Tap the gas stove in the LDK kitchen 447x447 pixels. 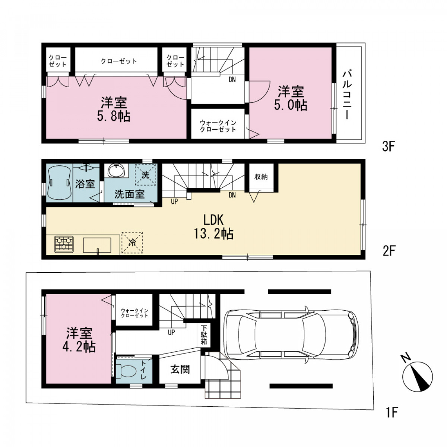tap(64, 244)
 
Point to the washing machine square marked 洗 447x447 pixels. tap(145, 175)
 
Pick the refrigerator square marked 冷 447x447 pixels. tap(132, 242)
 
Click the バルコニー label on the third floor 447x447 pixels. tap(347, 95)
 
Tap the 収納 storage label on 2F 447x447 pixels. tap(261, 177)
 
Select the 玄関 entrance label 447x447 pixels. tap(180, 369)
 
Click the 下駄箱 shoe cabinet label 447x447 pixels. tap(204, 335)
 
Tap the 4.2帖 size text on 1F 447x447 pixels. tap(79, 347)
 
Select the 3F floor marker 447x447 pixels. tap(389, 147)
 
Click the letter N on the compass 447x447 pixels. tap(406, 358)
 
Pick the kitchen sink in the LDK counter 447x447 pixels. tap(97, 245)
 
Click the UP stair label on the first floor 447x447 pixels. tap(171, 332)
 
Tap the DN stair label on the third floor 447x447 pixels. tap(232, 80)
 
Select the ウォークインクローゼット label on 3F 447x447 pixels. tap(218, 126)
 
